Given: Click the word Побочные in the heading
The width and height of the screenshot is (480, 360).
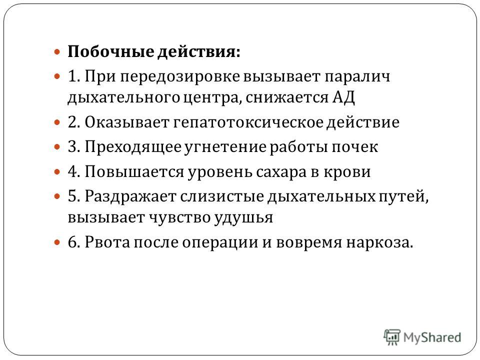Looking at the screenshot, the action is (x=110, y=51).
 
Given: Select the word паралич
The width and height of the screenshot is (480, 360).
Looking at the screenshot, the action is (x=357, y=76).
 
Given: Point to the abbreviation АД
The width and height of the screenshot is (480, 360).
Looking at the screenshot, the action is (x=343, y=97).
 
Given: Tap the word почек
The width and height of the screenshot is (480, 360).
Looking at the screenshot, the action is (x=355, y=147).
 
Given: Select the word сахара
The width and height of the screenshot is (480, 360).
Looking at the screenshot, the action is (x=281, y=172).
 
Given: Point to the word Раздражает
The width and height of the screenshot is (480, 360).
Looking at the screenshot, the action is (x=130, y=196).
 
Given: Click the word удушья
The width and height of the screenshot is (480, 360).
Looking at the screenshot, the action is (x=243, y=218).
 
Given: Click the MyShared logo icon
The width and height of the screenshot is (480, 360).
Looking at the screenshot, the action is (x=392, y=337).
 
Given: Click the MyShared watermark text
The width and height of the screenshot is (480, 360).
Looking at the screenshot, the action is (x=432, y=337).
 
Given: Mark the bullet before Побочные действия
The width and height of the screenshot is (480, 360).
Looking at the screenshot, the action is (x=57, y=51).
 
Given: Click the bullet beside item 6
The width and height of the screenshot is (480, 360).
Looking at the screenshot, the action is (x=57, y=242).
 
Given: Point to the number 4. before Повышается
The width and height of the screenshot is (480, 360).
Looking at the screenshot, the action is (x=74, y=171).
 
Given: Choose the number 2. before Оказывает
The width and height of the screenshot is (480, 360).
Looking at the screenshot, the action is (x=74, y=122).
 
